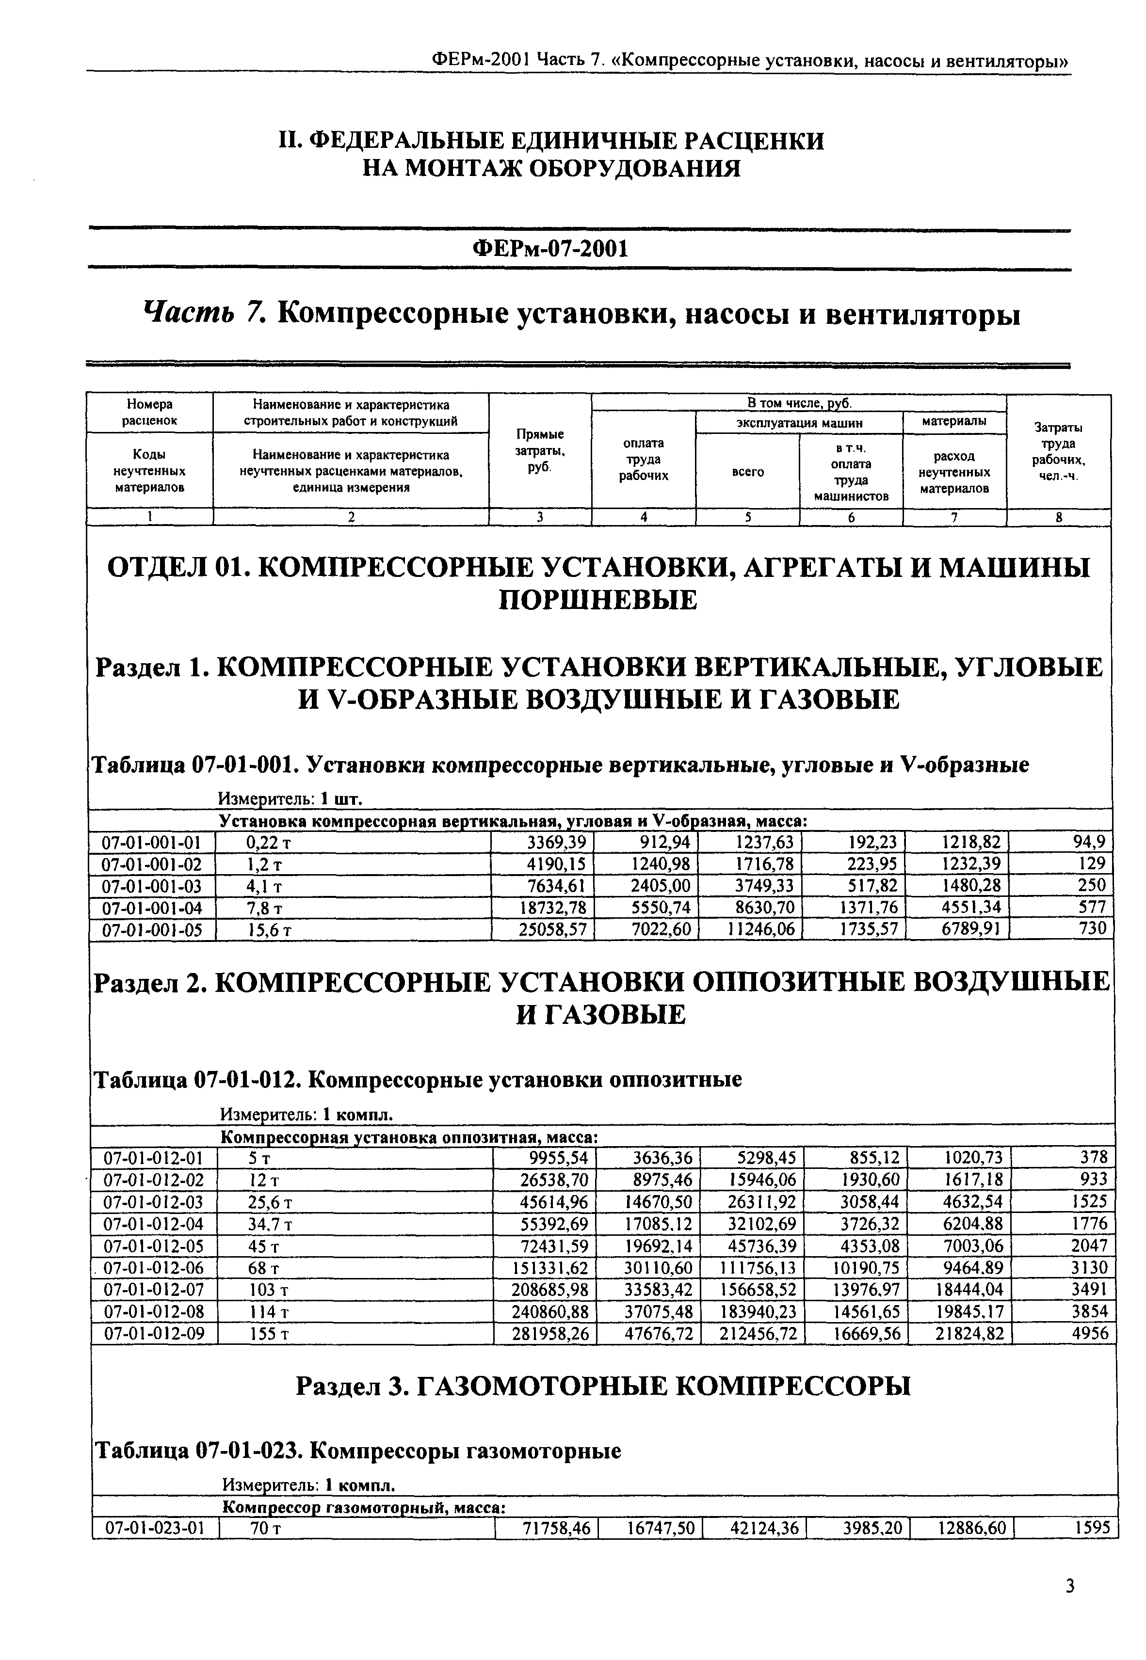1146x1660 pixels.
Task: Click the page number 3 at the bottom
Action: pyautogui.click(x=1070, y=1586)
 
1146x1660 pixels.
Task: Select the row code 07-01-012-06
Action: pyautogui.click(x=154, y=1268)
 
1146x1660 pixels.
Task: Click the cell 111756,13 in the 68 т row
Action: pyautogui.click(x=758, y=1268)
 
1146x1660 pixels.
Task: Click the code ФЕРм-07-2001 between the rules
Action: pyautogui.click(x=550, y=249)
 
